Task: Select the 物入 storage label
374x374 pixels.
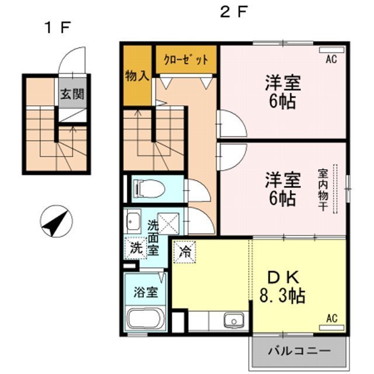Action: (137, 76)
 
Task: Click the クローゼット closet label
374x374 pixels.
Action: (185, 60)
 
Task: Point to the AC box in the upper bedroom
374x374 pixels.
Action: (330, 58)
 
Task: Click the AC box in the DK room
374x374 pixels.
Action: (331, 318)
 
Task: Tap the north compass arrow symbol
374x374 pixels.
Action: (56, 221)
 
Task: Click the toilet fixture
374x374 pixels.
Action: (146, 188)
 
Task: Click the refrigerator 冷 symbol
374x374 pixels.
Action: (185, 252)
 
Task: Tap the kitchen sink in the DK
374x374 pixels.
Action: (234, 320)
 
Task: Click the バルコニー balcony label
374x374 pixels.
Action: (299, 351)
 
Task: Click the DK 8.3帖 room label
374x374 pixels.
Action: (282, 286)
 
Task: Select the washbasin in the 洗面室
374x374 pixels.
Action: (133, 221)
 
